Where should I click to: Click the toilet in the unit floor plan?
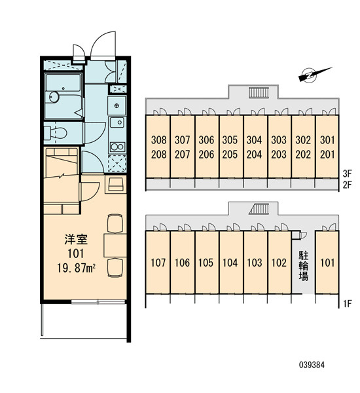[x=56, y=132]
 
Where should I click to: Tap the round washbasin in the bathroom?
[x=54, y=97]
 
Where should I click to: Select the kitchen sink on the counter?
[x=117, y=122]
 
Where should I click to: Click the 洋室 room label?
[x=76, y=239]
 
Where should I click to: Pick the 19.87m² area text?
[x=76, y=269]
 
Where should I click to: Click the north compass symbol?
[x=315, y=74]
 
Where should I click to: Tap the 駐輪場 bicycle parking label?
[x=303, y=266]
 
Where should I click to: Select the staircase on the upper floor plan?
[x=259, y=92]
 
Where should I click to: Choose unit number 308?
[x=158, y=140]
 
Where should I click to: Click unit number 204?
[x=254, y=155]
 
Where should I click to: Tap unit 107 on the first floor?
[x=158, y=263]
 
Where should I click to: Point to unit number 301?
[x=327, y=140]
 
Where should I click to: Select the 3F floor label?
[x=348, y=173]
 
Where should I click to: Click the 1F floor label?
[x=348, y=304]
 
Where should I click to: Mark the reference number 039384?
[x=312, y=365]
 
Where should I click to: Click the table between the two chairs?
[x=115, y=245]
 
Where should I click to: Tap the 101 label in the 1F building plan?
[x=327, y=263]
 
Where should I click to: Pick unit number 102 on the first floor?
[x=279, y=263]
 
